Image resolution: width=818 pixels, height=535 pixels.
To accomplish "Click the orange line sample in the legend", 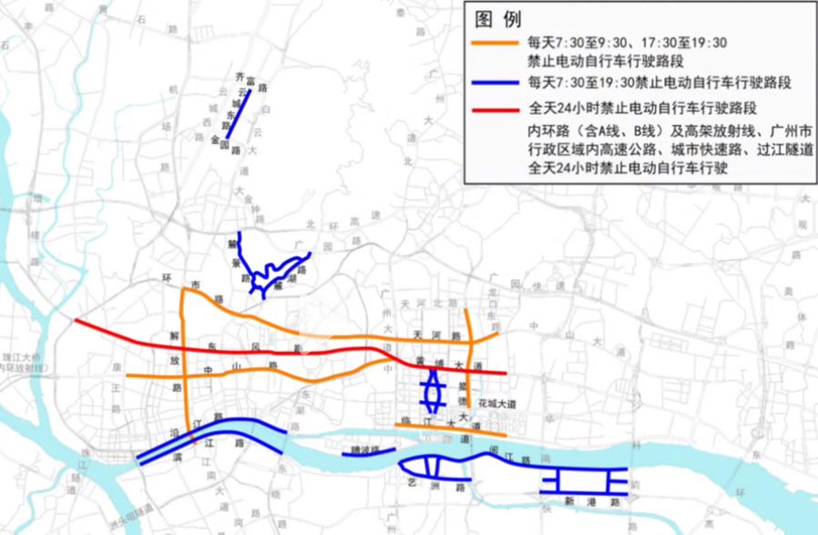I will [x=496, y=44].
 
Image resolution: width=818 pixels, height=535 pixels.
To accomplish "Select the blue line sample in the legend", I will [x=496, y=83].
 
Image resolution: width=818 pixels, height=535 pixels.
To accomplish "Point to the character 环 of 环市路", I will [x=167, y=276].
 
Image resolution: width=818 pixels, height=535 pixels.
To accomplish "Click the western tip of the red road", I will [x=77, y=320].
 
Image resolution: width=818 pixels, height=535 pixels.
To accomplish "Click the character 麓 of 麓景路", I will [x=233, y=246].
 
